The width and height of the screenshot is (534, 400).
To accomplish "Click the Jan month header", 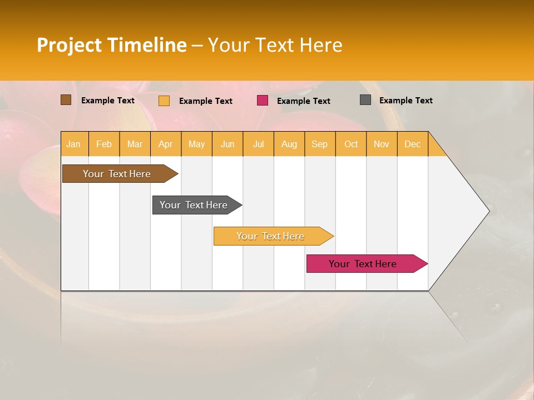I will tap(73, 144).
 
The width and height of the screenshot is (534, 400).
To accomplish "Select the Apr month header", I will tap(165, 144).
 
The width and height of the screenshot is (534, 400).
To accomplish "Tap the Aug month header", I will tap(289, 144).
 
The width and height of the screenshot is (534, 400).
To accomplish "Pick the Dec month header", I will tap(412, 144).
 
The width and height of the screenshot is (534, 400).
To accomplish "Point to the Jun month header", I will tap(227, 144).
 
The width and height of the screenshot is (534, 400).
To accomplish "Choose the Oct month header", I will tap(350, 144).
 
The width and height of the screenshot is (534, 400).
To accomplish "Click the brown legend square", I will tap(66, 100).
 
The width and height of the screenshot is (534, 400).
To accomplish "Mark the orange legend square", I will tap(164, 101).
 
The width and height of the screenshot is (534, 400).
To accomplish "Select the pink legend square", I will tap(263, 101).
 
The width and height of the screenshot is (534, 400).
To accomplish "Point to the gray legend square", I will tap(365, 100).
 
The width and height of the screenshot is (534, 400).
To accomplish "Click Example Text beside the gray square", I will tap(406, 101).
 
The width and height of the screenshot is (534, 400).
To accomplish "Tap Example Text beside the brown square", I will tap(107, 101).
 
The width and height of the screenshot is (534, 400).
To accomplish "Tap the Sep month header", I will tap(319, 144).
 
